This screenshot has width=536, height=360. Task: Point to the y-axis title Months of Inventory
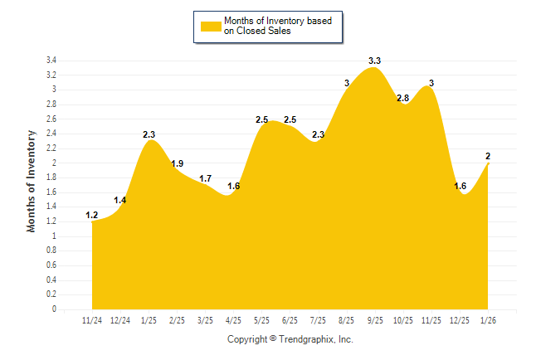pyautogui.click(x=32, y=180)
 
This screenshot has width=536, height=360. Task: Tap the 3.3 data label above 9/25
pyautogui.click(x=374, y=61)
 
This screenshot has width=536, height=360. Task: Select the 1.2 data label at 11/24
pyautogui.click(x=92, y=216)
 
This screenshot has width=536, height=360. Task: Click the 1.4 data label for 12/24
pyautogui.click(x=120, y=200)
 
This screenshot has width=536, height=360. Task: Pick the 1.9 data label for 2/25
pyautogui.click(x=178, y=163)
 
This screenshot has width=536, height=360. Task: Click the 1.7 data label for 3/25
pyautogui.click(x=205, y=178)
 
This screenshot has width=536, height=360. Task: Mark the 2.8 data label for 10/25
pyautogui.click(x=403, y=98)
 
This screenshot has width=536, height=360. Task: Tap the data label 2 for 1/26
pyautogui.click(x=487, y=156)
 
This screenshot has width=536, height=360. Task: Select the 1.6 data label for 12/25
pyautogui.click(x=460, y=186)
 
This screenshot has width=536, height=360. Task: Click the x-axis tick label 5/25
pyautogui.click(x=262, y=319)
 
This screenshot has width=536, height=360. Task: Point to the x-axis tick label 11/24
pyautogui.click(x=92, y=319)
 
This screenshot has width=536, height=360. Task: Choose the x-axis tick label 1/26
pyautogui.click(x=489, y=319)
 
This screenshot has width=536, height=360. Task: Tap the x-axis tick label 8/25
pyautogui.click(x=347, y=319)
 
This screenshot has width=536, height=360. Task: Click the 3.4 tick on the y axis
pyautogui.click(x=51, y=61)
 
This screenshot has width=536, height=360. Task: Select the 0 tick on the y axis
pyautogui.click(x=54, y=309)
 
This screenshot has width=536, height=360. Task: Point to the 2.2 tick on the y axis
pyautogui.click(x=51, y=148)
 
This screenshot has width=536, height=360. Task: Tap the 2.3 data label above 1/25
pyautogui.click(x=149, y=134)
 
